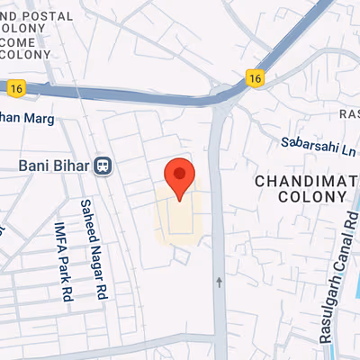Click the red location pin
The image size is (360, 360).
179,177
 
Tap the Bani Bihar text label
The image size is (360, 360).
55,166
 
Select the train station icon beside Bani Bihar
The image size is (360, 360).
104,166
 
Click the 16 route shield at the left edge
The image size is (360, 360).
14,87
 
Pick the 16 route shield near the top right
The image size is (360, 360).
257,78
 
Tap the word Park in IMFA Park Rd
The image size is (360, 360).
65,266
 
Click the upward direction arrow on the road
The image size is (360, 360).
219,283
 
